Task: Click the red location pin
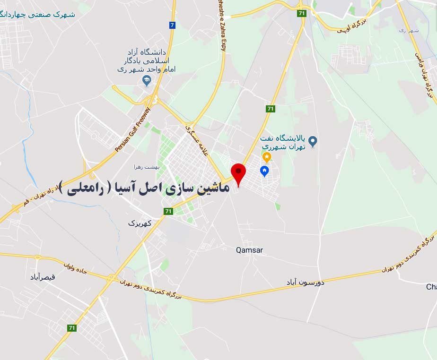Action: (x=238, y=173)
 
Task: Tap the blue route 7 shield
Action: (x=172, y=25)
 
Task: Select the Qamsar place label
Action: (x=249, y=250)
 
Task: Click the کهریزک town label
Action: (x=140, y=223)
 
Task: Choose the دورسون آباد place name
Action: (x=305, y=282)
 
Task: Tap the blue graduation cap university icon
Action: (x=147, y=81)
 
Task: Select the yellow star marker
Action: (x=267, y=156)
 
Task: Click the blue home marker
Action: (x=264, y=171)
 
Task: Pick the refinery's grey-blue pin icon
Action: (x=312, y=141)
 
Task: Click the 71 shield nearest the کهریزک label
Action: (x=168, y=211)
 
